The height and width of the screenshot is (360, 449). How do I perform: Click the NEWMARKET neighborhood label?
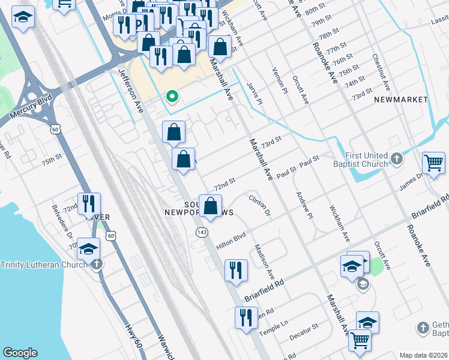coord(401,99)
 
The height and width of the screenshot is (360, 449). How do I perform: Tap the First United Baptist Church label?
coord(367,159)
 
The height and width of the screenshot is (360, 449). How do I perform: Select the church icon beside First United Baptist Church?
coord(396,159)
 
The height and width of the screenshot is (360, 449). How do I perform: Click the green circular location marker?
coord(172,96)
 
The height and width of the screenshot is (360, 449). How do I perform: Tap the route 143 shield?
coord(201,232)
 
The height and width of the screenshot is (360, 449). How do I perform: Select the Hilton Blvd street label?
coord(232,240)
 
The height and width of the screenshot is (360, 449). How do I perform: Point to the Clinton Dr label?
coord(259,204)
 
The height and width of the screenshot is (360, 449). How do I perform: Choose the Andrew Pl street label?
coord(304,205)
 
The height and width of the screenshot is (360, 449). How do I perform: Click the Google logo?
coord(20,353)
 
